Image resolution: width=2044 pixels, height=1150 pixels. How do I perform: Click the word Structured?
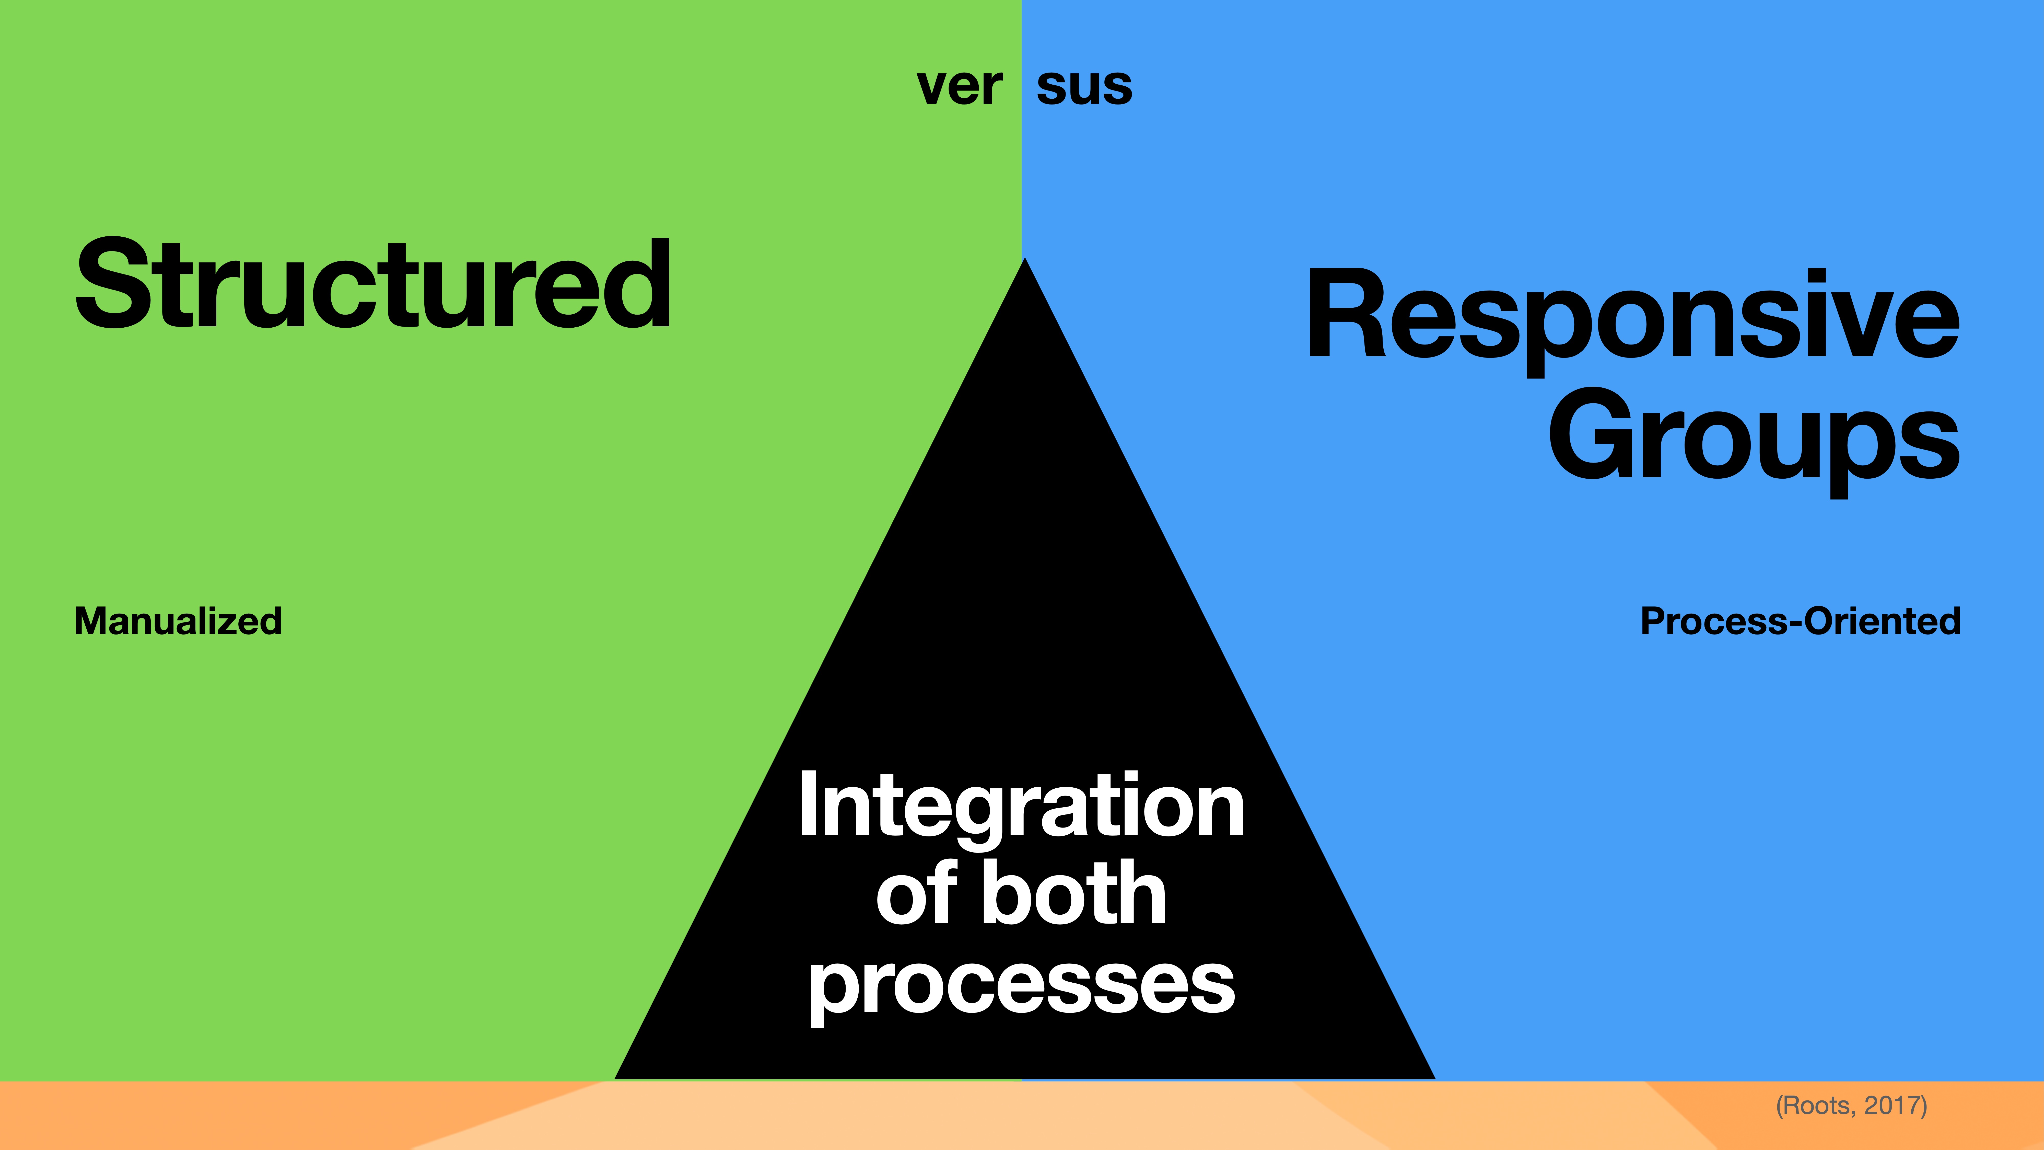(x=373, y=284)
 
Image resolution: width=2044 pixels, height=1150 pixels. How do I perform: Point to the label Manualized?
(x=178, y=621)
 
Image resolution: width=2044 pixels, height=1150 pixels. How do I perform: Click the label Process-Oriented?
(x=1800, y=621)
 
